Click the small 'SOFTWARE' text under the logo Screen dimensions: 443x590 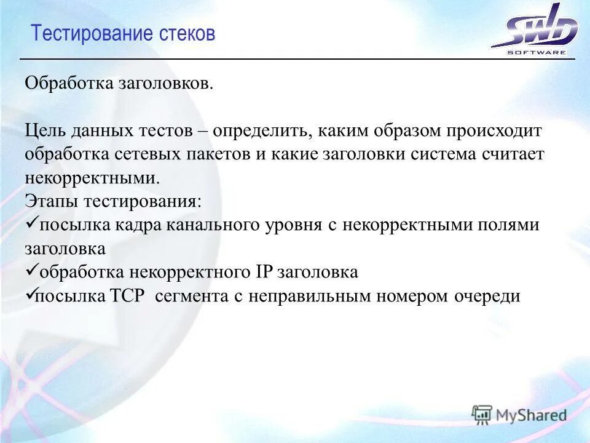(537, 52)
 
